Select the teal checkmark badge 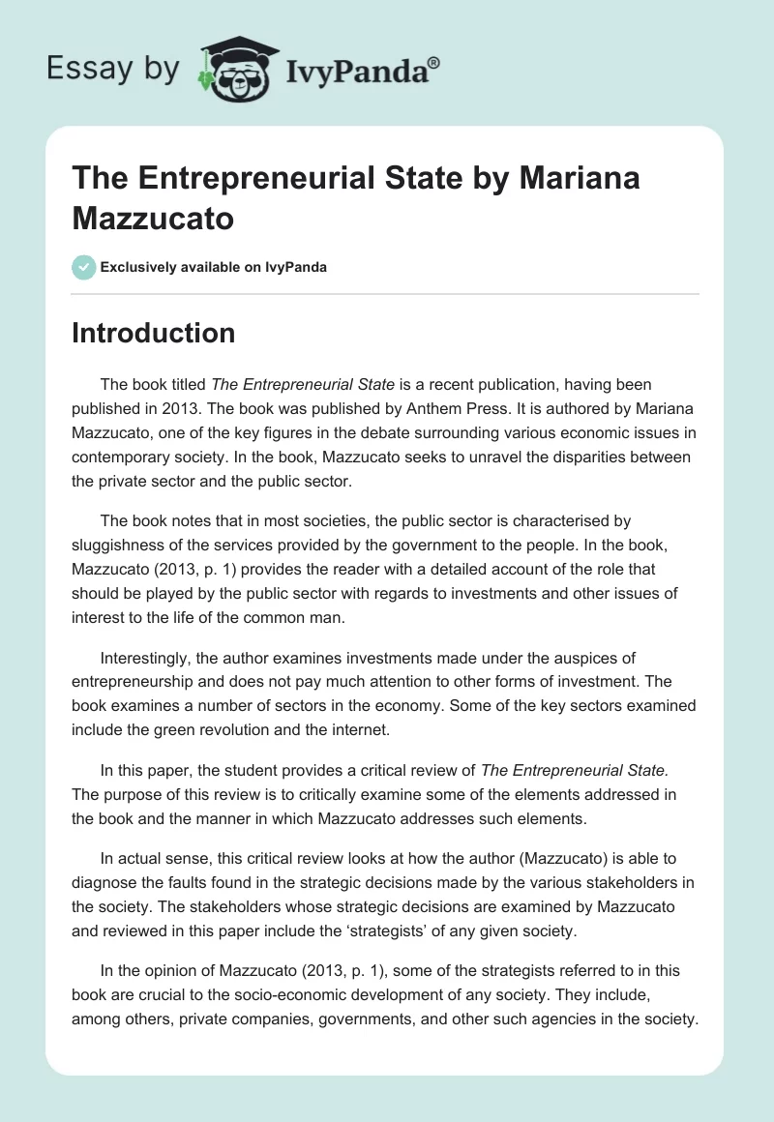click(x=84, y=267)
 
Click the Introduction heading click(x=154, y=333)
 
